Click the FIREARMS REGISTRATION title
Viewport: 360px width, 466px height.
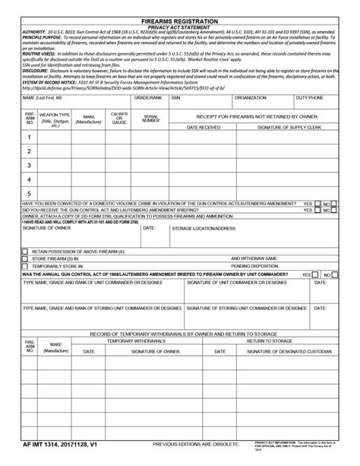pos(179,16)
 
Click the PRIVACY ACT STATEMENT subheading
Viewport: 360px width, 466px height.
pos(179,23)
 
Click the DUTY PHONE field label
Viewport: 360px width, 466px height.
pos(310,98)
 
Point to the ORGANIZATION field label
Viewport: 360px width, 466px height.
pos(250,98)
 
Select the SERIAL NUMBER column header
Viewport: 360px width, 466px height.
pos(150,119)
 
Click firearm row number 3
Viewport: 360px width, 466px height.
pos(29,165)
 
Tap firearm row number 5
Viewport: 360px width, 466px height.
pos(29,193)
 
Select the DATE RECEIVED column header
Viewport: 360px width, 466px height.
pos(204,128)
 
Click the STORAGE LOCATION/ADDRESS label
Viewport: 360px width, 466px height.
pos(203,228)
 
